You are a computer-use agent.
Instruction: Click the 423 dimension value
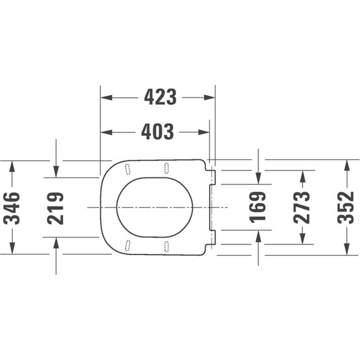160,97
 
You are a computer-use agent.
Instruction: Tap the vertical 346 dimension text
12,208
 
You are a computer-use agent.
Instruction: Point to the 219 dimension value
56,208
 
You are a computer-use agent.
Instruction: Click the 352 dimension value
346,207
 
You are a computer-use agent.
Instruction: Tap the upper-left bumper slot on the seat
128,169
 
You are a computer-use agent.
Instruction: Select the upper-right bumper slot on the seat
167,167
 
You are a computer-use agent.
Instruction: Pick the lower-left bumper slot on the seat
128,245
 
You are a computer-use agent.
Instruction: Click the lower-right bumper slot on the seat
167,245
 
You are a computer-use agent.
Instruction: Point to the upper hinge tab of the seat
212,177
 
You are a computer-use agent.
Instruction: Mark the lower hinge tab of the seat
212,237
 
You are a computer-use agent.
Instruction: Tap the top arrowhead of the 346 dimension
12,165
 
